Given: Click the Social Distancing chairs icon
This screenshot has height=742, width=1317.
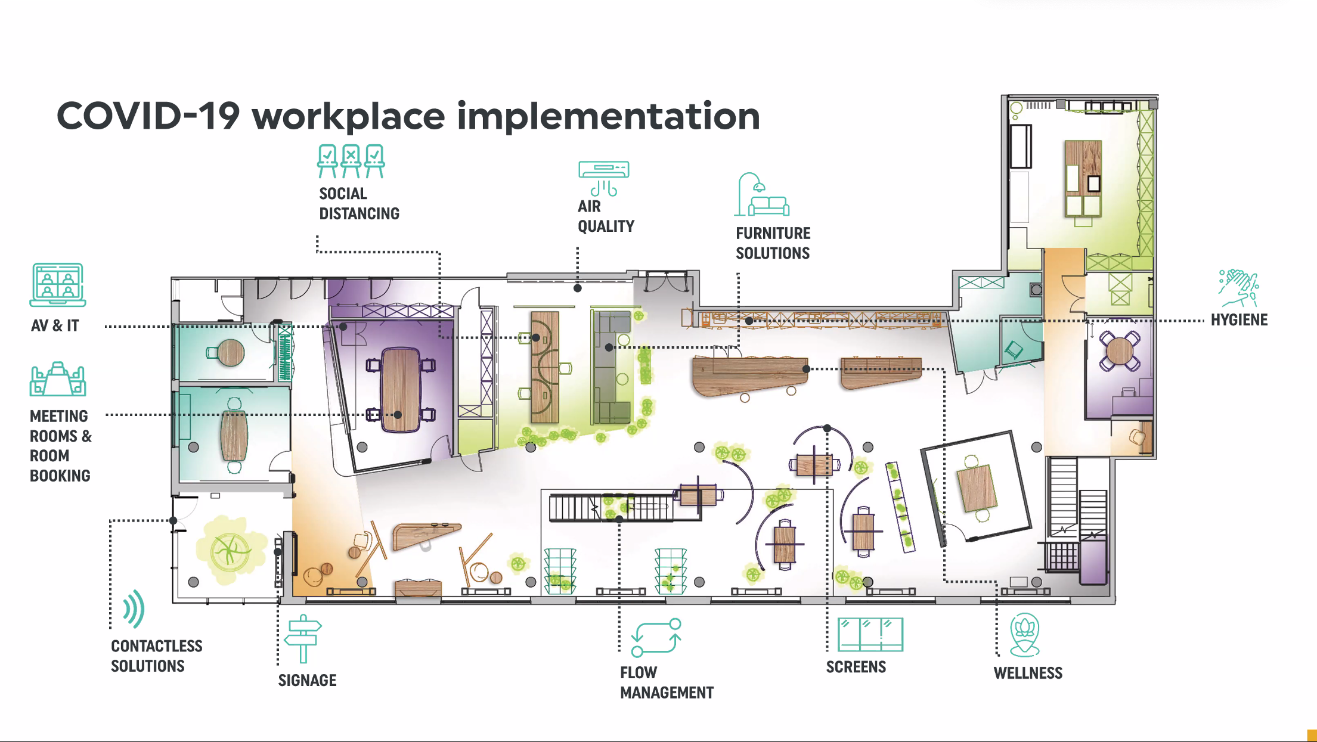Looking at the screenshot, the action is click(x=351, y=161).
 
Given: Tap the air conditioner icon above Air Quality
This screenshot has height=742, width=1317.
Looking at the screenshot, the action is click(x=603, y=178).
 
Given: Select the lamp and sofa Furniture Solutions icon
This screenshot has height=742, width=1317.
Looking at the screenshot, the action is click(x=761, y=194).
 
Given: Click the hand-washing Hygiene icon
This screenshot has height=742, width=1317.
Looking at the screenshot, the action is click(x=1238, y=288).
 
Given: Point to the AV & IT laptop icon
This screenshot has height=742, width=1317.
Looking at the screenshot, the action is click(x=58, y=285).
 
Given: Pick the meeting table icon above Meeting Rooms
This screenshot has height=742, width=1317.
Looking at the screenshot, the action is click(x=58, y=379).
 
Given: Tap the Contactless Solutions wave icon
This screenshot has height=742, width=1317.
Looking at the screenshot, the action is click(x=134, y=608).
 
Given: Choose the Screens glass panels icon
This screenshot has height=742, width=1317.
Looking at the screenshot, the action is click(x=870, y=635).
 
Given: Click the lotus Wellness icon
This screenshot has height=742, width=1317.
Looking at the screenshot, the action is click(x=1025, y=635).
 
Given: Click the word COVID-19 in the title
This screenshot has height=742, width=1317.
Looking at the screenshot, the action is click(x=148, y=116).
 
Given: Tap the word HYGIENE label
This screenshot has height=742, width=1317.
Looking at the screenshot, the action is click(x=1239, y=320).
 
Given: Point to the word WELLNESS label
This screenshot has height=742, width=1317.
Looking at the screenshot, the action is click(x=1028, y=673).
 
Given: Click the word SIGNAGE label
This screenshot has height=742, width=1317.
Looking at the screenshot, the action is click(x=307, y=681).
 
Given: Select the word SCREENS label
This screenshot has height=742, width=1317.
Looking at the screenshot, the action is click(x=856, y=667).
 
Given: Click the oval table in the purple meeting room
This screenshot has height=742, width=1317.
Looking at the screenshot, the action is click(x=401, y=390).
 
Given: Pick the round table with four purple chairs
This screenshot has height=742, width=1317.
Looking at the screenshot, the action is click(x=1120, y=351).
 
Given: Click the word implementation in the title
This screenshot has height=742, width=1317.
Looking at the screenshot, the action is click(x=608, y=117).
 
